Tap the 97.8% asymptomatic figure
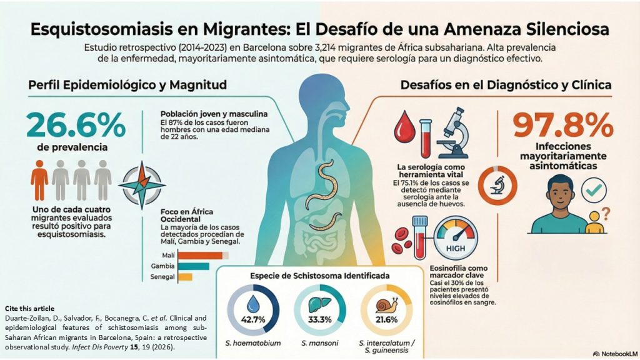pyautogui.click(x=563, y=127)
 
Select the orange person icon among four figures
pyautogui.click(x=39, y=180)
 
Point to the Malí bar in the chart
pyautogui.click(x=201, y=255)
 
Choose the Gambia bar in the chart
pyautogui.click(x=193, y=266)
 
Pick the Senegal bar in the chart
pyautogui.click(x=185, y=277)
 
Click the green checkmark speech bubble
pyautogui.click(x=594, y=189)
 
